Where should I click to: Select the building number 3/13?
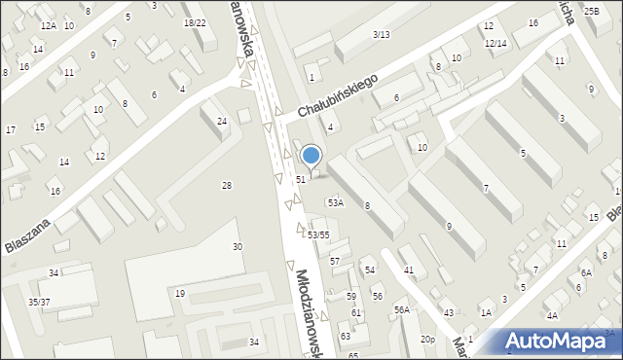click(x=381, y=35)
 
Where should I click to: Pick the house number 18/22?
click(x=195, y=22)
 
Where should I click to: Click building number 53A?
click(x=335, y=203)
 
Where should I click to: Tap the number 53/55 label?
click(x=318, y=235)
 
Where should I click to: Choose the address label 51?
click(x=302, y=179)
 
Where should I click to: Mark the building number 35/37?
click(x=39, y=303)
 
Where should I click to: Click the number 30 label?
click(x=237, y=247)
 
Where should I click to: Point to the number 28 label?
click(x=227, y=185)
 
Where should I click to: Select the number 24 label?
click(x=222, y=121)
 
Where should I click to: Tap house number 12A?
click(x=48, y=25)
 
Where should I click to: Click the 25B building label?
click(x=592, y=11)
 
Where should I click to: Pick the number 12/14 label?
click(x=495, y=44)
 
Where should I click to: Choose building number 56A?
click(x=401, y=309)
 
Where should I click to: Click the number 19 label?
click(x=180, y=294)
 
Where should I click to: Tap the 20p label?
click(x=427, y=339)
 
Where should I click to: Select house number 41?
click(x=409, y=270)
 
